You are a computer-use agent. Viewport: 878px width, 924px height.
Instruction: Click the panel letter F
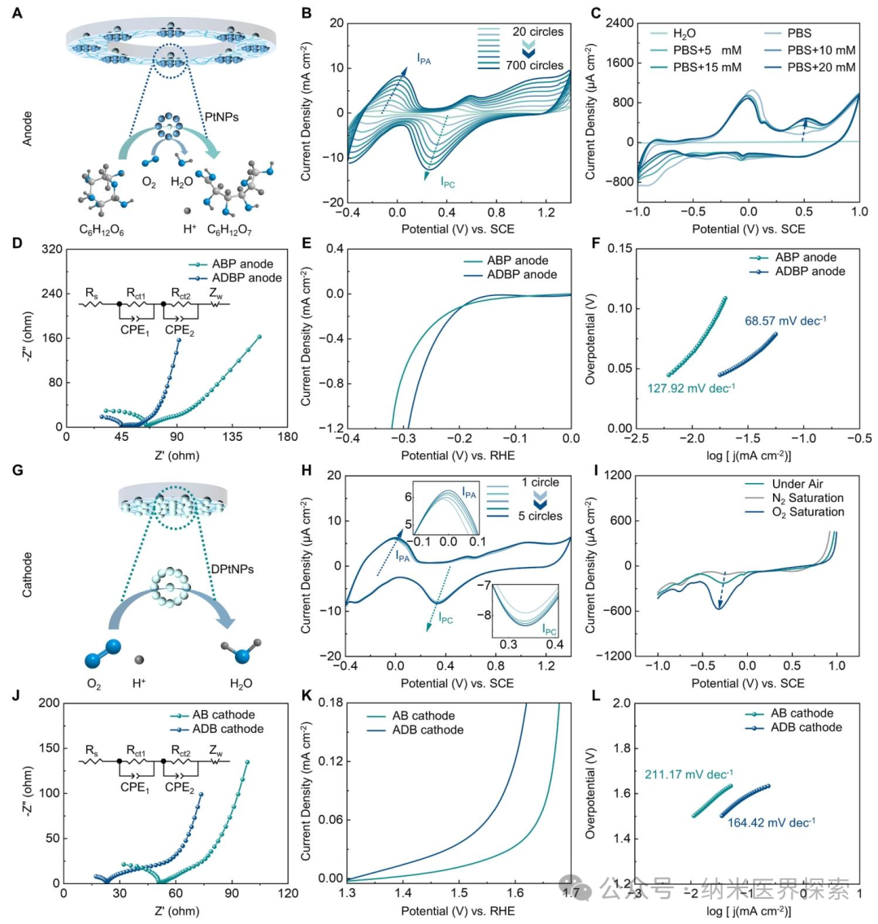(x=596, y=242)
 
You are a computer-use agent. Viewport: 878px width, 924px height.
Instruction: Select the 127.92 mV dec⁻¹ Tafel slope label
(x=691, y=388)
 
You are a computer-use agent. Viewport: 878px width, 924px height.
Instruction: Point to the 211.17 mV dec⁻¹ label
(x=689, y=774)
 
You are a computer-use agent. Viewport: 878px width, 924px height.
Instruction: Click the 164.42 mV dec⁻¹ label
(x=772, y=822)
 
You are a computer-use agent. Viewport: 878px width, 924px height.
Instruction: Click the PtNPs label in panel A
(x=221, y=117)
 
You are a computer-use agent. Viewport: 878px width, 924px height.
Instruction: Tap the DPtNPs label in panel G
(x=233, y=569)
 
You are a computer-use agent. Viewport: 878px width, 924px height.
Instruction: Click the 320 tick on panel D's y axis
(x=52, y=249)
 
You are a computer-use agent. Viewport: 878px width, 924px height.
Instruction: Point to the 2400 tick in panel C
(x=619, y=23)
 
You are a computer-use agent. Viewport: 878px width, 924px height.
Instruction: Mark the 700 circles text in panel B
(x=535, y=65)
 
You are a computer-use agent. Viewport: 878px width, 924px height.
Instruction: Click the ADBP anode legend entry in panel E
(x=510, y=275)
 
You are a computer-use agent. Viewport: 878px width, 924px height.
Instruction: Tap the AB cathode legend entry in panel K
(x=411, y=716)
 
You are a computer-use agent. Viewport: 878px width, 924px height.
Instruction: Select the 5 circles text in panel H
(x=540, y=516)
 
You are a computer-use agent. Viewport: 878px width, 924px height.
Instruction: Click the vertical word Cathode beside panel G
(x=27, y=574)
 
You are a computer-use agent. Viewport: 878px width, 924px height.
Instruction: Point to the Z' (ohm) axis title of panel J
(x=176, y=911)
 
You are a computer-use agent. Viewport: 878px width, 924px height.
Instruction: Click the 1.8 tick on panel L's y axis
(x=621, y=748)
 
